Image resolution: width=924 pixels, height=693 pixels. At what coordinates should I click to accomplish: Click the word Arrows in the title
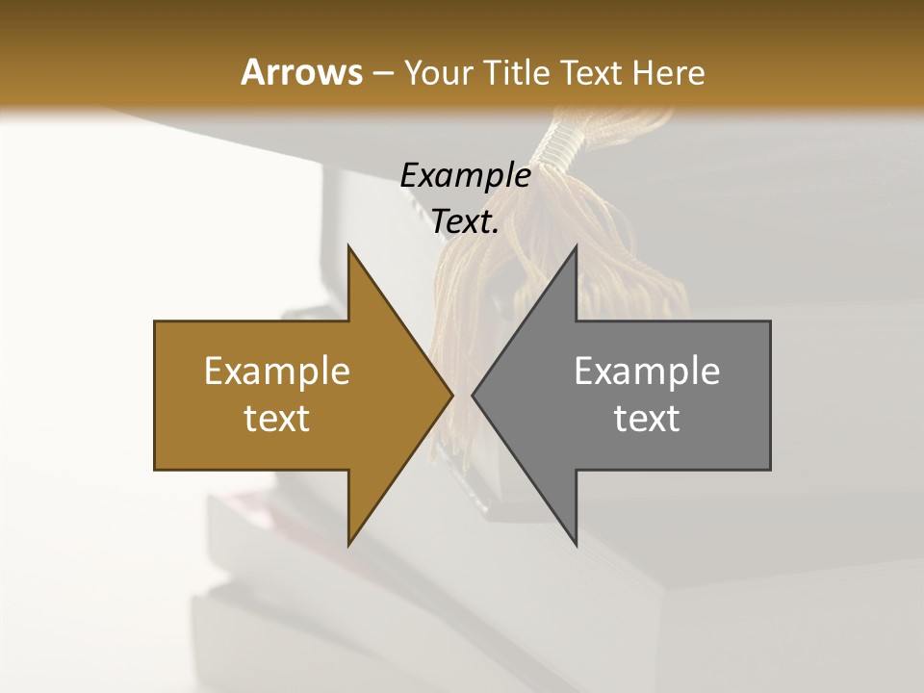coord(301,72)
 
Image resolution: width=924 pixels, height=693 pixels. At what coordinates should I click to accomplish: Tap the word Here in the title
coord(668,72)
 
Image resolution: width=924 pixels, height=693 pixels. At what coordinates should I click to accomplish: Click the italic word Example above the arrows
coord(465,175)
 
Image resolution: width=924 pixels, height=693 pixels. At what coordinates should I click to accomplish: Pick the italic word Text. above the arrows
coord(465,222)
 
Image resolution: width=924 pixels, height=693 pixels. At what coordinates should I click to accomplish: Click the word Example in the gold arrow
coord(277,372)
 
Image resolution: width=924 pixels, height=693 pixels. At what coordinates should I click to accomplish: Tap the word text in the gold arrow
coord(277,419)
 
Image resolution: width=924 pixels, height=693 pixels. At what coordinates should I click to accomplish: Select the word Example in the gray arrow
coord(647,372)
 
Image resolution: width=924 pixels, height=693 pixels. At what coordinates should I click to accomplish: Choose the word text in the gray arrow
coord(647,419)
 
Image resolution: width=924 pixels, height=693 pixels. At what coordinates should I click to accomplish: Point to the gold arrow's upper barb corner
coord(348,247)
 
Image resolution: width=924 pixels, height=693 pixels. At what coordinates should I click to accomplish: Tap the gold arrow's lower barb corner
coord(348,544)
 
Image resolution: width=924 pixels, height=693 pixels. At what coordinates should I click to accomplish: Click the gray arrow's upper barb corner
coord(576,247)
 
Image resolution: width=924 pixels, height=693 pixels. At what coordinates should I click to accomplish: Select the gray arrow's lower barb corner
coord(576,544)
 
